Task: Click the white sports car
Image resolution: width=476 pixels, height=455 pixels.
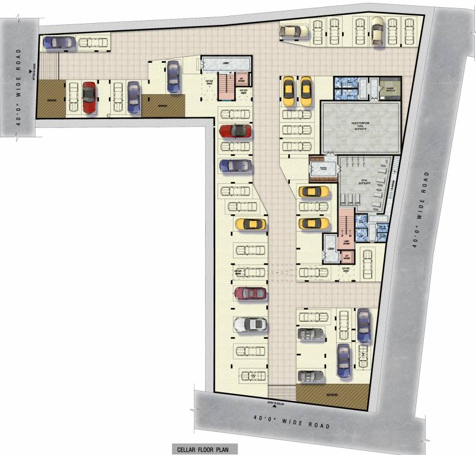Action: pyautogui.click(x=250, y=325)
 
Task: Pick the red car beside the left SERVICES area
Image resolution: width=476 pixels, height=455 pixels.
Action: pyautogui.click(x=89, y=97)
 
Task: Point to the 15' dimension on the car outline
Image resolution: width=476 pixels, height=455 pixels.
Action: pyautogui.click(x=252, y=375)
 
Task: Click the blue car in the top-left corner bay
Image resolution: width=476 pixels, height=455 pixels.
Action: pyautogui.click(x=59, y=42)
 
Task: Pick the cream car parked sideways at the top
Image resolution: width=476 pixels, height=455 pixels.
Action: pyautogui.click(x=295, y=31)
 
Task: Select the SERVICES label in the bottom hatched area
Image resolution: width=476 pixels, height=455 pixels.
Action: pyautogui.click(x=331, y=395)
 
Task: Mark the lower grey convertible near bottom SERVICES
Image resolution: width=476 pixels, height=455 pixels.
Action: pyautogui.click(x=310, y=376)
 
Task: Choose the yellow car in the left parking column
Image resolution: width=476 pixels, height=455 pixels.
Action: pyautogui.click(x=250, y=224)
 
